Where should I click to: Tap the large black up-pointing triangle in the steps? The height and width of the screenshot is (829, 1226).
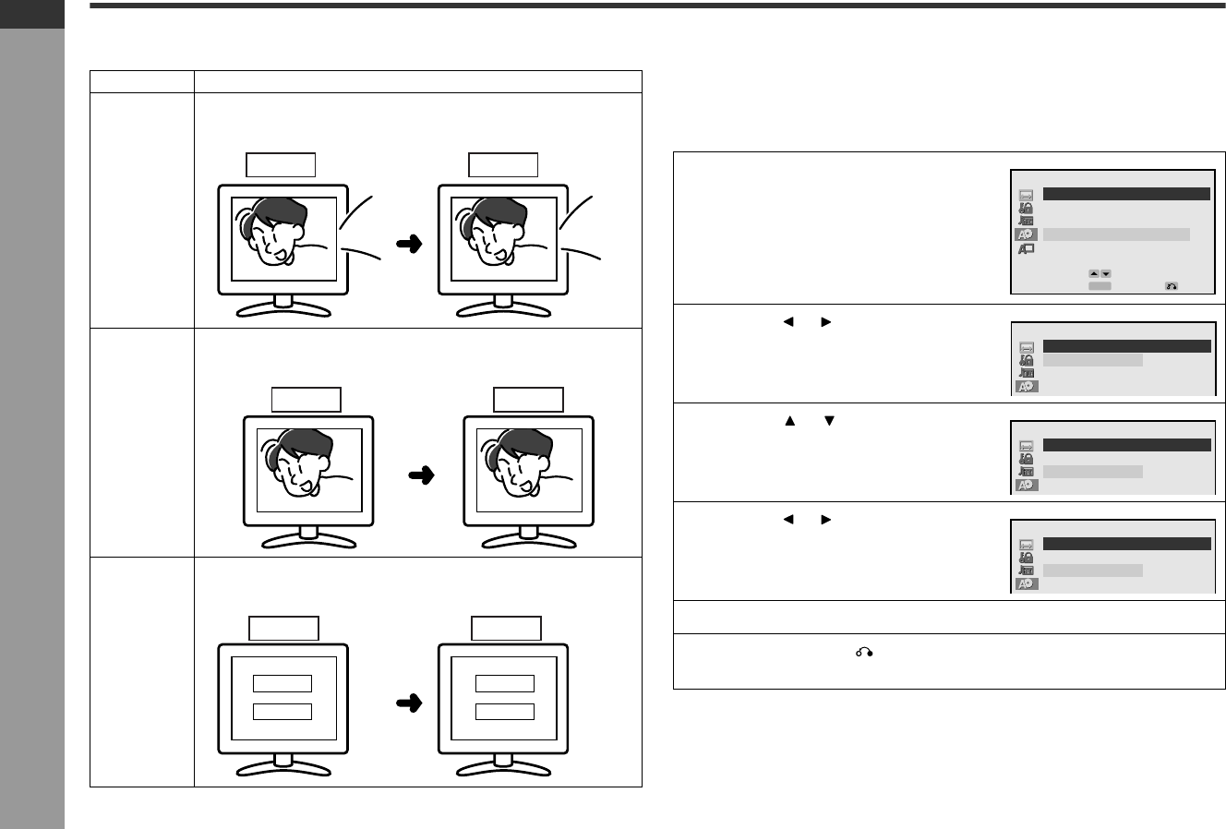click(x=789, y=420)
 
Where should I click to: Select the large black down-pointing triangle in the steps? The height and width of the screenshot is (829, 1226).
click(x=828, y=420)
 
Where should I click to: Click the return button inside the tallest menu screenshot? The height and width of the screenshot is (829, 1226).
click(x=1171, y=286)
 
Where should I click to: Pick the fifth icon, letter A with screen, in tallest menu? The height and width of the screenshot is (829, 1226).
click(x=1027, y=248)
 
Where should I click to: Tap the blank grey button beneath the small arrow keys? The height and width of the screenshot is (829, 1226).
click(x=1099, y=286)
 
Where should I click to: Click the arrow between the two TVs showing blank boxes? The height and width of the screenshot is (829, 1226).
click(x=408, y=703)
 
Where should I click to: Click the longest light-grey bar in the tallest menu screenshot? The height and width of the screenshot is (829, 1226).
click(x=1116, y=234)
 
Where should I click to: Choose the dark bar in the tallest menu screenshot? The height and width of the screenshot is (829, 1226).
click(x=1126, y=194)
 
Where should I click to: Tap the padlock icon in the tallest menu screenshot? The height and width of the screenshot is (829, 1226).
click(x=1027, y=209)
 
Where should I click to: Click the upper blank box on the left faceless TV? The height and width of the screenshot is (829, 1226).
click(x=282, y=683)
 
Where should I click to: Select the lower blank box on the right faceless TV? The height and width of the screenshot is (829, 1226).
click(x=505, y=711)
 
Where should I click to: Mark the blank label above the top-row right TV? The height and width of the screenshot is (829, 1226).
click(x=503, y=165)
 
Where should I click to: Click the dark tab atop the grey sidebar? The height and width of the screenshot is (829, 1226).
click(x=32, y=14)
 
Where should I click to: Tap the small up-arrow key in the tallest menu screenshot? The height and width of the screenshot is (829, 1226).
click(x=1093, y=273)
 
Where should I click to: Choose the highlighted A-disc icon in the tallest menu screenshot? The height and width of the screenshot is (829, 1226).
click(x=1027, y=234)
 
